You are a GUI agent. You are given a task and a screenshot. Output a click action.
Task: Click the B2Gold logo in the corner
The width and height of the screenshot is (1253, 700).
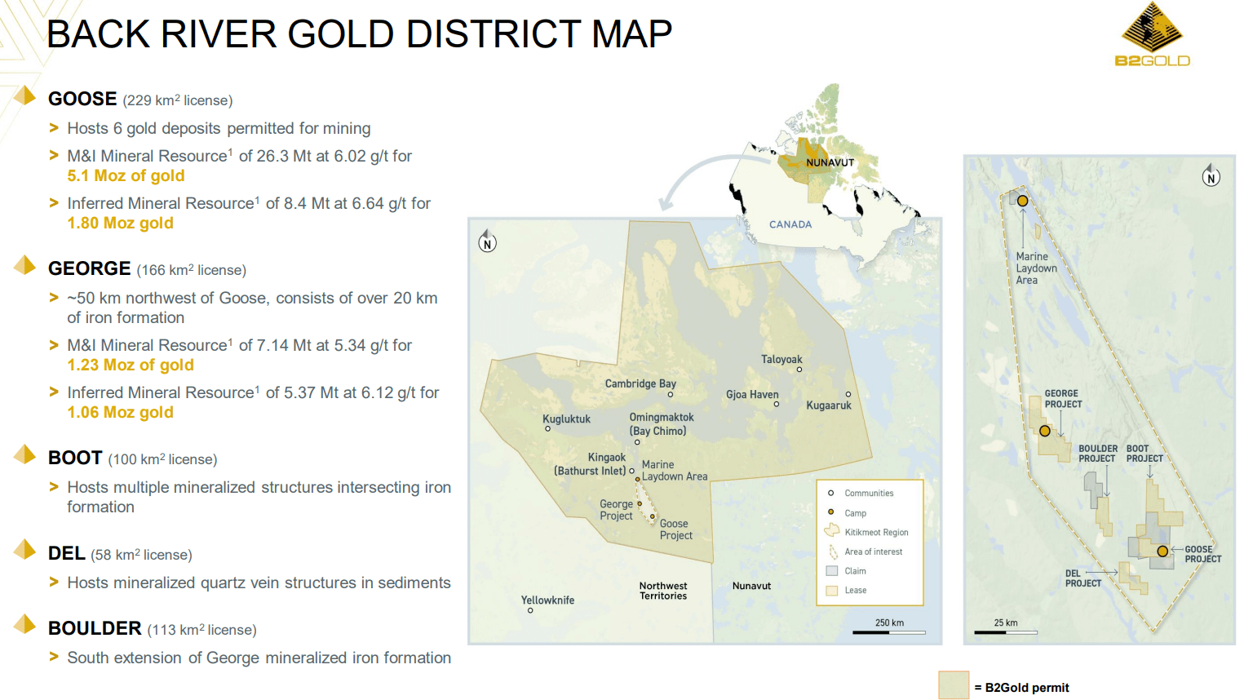tap(1152, 35)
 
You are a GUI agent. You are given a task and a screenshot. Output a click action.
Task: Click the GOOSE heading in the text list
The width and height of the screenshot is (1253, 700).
tap(82, 99)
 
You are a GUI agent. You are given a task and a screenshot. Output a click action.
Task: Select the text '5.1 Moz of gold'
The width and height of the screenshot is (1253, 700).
tap(126, 175)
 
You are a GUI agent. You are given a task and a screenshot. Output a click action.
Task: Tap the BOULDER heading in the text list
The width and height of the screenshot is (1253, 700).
tap(95, 628)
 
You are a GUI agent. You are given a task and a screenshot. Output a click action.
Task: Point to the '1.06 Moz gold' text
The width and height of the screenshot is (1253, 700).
tap(120, 412)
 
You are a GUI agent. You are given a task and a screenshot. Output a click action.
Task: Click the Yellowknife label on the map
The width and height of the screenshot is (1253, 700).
tap(547, 600)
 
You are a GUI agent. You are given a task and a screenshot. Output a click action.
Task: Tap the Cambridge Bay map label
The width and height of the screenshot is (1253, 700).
tap(640, 383)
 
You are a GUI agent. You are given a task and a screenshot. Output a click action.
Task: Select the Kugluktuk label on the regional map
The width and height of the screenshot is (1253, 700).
tap(566, 419)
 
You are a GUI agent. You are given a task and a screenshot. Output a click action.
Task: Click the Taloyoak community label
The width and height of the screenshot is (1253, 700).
tap(781, 360)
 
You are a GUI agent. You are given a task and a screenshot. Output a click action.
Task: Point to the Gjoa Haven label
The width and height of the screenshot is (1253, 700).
tap(752, 395)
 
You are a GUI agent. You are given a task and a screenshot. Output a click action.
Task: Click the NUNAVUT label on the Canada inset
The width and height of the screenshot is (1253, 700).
tap(830, 162)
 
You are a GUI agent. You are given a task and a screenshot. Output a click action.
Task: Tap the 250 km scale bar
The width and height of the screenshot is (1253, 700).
tap(889, 631)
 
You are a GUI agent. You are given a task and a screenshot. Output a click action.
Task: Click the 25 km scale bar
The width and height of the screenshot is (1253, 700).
tap(1006, 631)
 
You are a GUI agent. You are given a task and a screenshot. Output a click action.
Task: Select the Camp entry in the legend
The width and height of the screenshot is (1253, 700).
tap(855, 513)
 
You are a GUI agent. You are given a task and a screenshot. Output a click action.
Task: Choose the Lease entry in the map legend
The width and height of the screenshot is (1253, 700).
tap(855, 591)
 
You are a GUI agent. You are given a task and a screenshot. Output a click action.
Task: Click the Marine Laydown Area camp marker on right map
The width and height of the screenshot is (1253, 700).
tap(1022, 201)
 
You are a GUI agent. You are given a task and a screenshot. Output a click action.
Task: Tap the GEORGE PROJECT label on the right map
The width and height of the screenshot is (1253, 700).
tap(1063, 399)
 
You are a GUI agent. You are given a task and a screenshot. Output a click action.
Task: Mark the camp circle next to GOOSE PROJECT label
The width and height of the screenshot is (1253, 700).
tap(1162, 552)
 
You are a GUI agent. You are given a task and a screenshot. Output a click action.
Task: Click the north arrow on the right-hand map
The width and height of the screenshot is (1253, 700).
tap(1211, 175)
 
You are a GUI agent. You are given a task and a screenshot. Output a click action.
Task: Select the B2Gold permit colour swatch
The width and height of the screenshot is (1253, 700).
tap(953, 685)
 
